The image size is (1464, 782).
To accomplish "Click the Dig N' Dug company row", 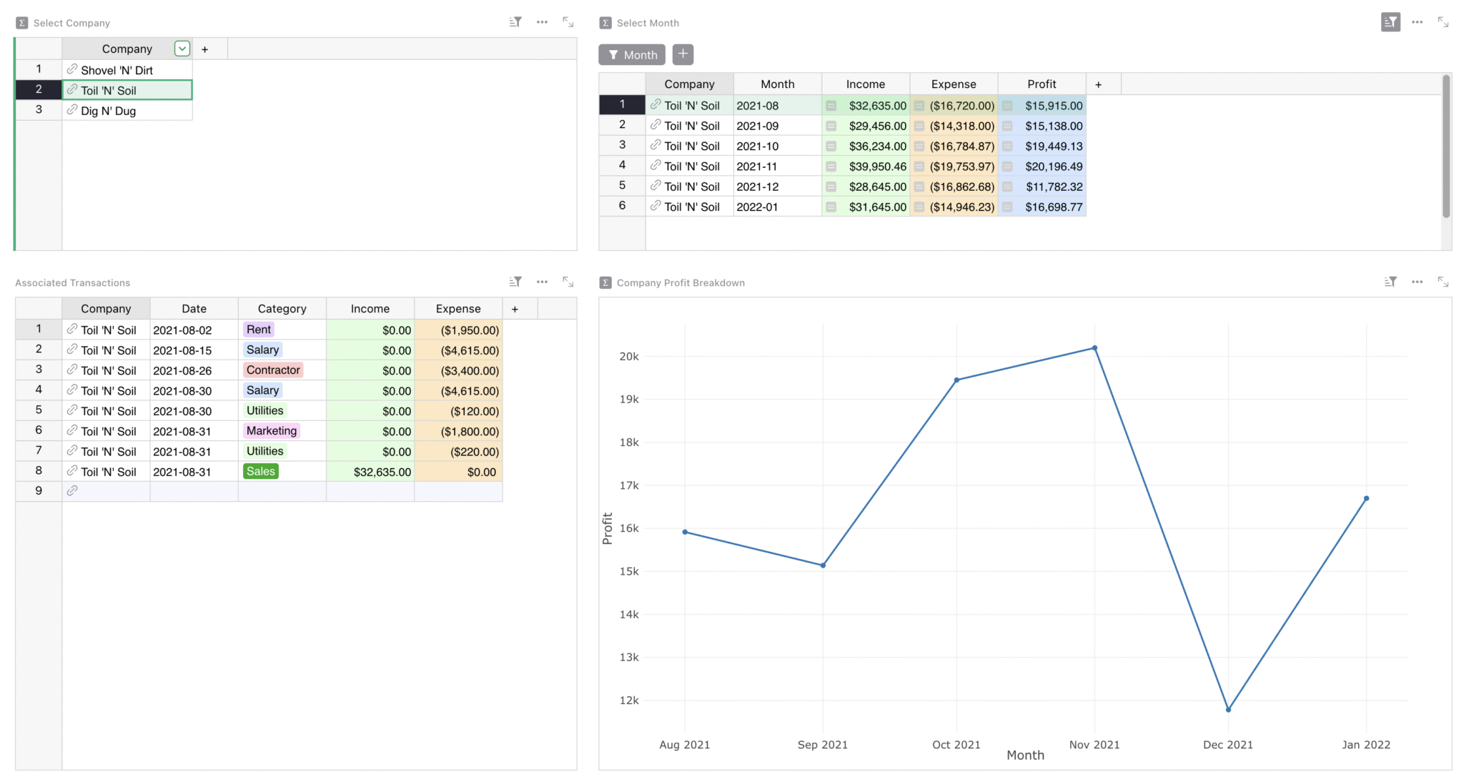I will [x=109, y=111].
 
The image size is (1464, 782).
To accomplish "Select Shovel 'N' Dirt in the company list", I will [x=117, y=70].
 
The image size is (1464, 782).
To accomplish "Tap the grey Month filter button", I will [x=632, y=55].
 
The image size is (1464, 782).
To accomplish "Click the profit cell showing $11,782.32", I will [x=1054, y=187].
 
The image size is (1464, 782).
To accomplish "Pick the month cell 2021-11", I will [x=757, y=167].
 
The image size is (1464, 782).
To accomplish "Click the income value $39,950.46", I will [x=877, y=167].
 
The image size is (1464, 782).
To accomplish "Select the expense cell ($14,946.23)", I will [x=961, y=207].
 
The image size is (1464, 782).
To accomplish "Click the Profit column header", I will [x=1042, y=84].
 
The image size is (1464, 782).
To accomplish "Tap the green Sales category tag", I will [x=261, y=472].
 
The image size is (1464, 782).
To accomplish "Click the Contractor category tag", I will [x=273, y=370].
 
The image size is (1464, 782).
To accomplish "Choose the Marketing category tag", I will [x=272, y=431].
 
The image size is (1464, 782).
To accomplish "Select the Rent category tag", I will [x=259, y=330].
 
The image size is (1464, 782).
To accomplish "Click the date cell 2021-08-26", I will [x=182, y=371].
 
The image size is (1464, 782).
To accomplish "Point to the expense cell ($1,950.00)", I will [x=470, y=330].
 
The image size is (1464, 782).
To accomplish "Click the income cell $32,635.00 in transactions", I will [x=382, y=472].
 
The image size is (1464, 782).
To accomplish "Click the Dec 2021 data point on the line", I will [x=1228, y=710].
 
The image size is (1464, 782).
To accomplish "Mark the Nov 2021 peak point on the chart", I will [x=1094, y=348].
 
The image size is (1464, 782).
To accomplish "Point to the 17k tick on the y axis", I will [x=629, y=485].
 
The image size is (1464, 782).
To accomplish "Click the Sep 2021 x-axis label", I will [x=822, y=745].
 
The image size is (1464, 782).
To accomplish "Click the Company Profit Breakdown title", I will [x=681, y=283].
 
